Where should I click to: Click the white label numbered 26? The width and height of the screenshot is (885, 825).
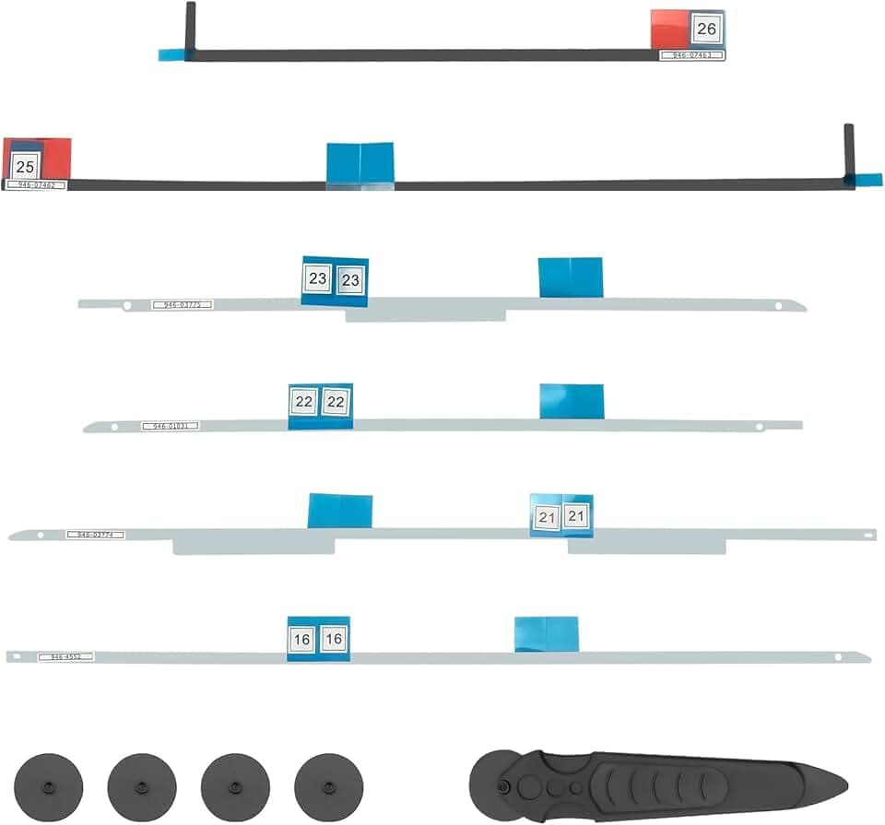tap(706, 29)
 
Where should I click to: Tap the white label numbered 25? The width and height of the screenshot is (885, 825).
tap(25, 167)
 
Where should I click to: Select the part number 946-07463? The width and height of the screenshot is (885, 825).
tap(692, 55)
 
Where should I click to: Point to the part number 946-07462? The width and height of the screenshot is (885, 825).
tap(35, 185)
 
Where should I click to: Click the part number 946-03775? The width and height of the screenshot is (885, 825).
tap(183, 304)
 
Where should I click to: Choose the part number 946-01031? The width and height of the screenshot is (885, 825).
tap(170, 426)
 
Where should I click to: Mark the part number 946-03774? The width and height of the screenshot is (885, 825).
tap(95, 535)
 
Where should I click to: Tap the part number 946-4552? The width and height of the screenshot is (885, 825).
tap(65, 657)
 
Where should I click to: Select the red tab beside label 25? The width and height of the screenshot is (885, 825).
tap(55, 157)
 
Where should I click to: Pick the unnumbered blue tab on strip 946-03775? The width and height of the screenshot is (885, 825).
tap(571, 277)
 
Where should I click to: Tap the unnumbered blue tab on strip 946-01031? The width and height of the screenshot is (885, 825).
tap(572, 401)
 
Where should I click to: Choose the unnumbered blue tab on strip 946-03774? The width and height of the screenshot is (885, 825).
tap(339, 511)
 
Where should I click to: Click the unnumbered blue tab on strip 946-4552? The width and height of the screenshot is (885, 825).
tap(546, 634)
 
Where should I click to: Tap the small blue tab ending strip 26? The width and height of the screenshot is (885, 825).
tap(171, 55)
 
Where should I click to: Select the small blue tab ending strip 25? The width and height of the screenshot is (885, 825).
tap(867, 180)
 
